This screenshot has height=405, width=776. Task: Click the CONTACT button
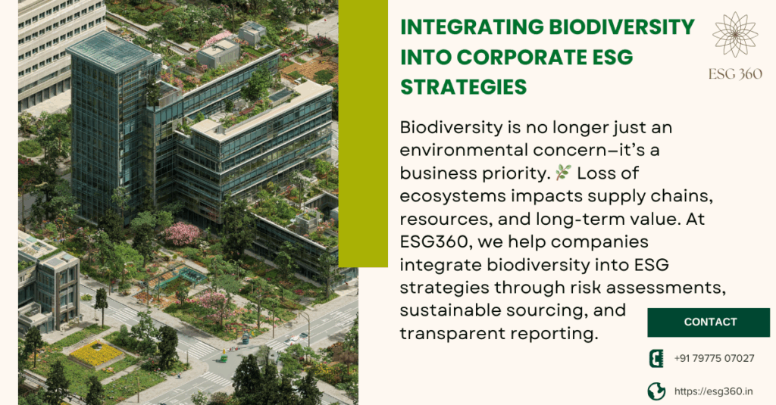709,322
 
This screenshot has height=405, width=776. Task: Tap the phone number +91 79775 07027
714,358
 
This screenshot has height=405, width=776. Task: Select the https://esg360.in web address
714,391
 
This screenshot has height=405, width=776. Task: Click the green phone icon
656,358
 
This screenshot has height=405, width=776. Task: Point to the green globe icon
656,391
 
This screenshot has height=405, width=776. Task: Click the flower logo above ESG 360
735,35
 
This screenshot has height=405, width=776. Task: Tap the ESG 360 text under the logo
735,74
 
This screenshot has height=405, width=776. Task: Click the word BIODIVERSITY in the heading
621,26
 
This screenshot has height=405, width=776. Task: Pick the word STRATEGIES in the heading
463,87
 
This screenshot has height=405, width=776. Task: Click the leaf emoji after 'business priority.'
563,173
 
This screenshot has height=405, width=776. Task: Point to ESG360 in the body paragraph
433,241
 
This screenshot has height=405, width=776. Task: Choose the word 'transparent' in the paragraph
451,334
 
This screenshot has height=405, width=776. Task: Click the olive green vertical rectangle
363,133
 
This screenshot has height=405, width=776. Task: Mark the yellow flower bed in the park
96,353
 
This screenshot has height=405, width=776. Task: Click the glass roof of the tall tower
113,50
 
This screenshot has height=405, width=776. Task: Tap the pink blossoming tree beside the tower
182,233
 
